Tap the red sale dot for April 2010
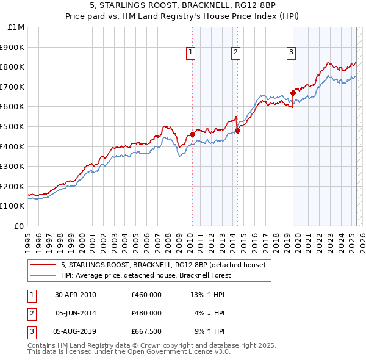click(192, 134)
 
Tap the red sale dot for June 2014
click(237, 130)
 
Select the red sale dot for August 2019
click(293, 93)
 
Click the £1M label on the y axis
click(16, 27)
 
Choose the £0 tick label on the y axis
click(20, 226)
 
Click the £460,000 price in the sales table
click(146, 294)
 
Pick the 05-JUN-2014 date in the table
click(76, 313)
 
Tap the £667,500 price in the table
click(146, 332)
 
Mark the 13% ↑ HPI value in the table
click(207, 294)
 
